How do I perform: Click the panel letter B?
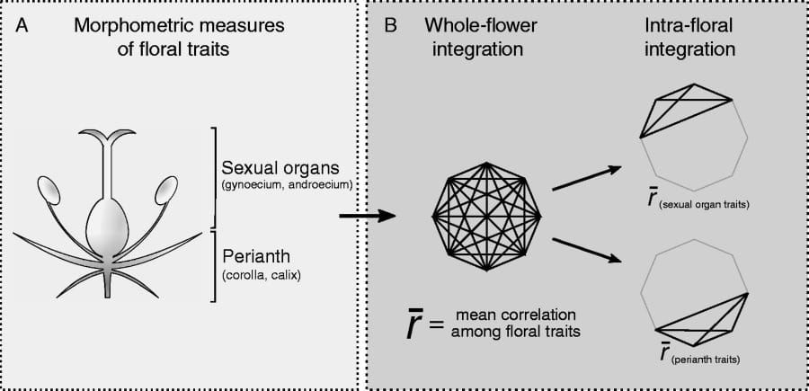coord(391,29)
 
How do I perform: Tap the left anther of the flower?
coord(49,191)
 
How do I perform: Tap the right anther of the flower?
coord(165,191)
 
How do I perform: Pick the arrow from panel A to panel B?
coord(369,216)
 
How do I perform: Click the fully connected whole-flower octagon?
coord(486,215)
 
